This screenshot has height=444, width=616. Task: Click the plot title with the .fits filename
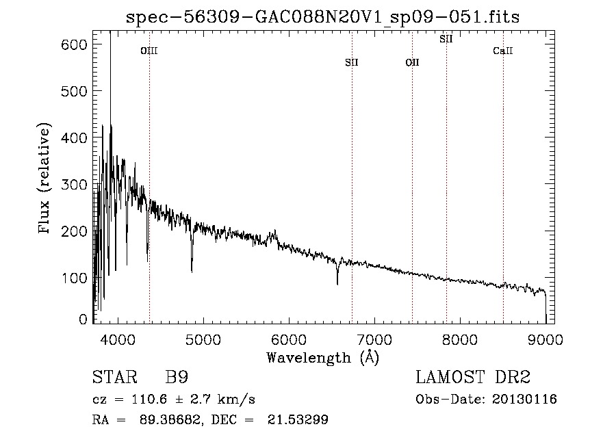click(x=322, y=17)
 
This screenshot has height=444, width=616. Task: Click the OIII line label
click(x=149, y=51)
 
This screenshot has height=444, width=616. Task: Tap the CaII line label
click(x=503, y=51)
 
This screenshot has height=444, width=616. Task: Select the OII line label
click(x=413, y=62)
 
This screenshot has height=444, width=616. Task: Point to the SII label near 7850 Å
click(x=446, y=39)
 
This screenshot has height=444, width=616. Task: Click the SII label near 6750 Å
click(x=352, y=62)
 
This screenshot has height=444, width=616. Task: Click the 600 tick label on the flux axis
click(x=74, y=44)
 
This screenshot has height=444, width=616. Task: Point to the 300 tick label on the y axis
click(x=74, y=185)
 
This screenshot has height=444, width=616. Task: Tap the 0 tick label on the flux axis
click(x=83, y=319)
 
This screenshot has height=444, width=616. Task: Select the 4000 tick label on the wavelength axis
click(x=118, y=339)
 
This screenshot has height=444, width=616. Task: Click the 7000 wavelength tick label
click(x=374, y=339)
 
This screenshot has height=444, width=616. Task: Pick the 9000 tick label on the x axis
click(x=546, y=339)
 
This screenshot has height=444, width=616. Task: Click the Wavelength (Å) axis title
click(x=323, y=358)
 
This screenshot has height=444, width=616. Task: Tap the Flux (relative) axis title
click(x=44, y=179)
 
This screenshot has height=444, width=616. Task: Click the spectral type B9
click(x=177, y=377)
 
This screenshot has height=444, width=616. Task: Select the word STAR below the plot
click(x=115, y=377)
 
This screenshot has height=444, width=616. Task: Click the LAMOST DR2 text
click(x=473, y=377)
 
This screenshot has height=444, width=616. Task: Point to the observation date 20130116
click(x=524, y=400)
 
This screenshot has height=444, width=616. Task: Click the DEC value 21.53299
click(x=298, y=419)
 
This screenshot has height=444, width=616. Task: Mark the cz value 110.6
click(x=149, y=400)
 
